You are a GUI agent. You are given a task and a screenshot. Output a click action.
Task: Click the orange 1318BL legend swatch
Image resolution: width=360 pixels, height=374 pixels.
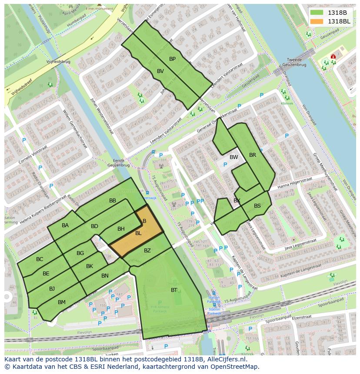317,21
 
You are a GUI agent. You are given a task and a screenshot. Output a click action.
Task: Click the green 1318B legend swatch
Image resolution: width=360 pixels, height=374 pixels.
317,12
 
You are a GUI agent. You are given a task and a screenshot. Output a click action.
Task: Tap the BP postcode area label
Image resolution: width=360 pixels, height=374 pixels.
173,59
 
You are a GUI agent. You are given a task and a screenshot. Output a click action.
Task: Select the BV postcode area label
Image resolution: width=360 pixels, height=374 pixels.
160,71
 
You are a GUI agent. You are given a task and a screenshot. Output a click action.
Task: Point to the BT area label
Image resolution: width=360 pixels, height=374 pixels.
174,290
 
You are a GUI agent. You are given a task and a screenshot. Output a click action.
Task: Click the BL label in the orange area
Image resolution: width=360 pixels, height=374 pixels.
138,233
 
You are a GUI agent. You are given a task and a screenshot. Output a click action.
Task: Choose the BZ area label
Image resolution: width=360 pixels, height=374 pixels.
147,251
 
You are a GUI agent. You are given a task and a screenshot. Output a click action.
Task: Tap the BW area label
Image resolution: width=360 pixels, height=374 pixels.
234,157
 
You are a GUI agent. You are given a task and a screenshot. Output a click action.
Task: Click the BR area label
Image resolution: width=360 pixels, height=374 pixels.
253,155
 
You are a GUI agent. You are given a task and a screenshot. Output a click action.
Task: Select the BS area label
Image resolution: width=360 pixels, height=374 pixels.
257,206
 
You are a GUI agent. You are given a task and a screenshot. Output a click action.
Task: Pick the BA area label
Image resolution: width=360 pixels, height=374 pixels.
65,225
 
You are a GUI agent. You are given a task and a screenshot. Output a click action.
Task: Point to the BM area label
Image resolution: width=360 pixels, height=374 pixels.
62,302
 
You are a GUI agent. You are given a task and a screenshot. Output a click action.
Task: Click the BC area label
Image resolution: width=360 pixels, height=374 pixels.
40,259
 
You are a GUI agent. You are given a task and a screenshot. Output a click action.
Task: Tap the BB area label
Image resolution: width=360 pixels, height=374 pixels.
113,201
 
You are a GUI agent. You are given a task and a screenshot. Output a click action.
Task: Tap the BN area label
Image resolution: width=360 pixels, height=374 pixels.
105,276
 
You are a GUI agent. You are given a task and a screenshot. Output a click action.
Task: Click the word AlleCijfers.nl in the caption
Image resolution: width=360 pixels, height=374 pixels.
226,360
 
